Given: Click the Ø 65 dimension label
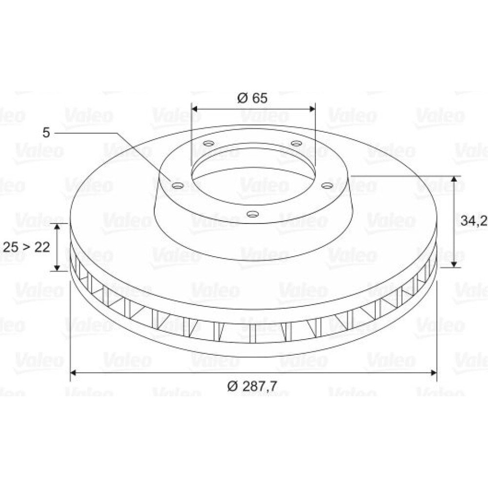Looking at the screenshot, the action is pos(252,98).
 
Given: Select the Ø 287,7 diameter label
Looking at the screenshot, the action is pos(252,386).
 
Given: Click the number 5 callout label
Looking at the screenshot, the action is pos(46,133).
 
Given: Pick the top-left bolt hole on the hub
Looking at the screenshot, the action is pos(208,143).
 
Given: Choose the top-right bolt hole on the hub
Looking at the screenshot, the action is pos(296,143).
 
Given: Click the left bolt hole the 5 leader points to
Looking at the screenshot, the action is pos(178,186).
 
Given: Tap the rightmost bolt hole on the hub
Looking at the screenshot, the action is pos(327,186).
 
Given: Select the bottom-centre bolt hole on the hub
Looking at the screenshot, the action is pos(252,214).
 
